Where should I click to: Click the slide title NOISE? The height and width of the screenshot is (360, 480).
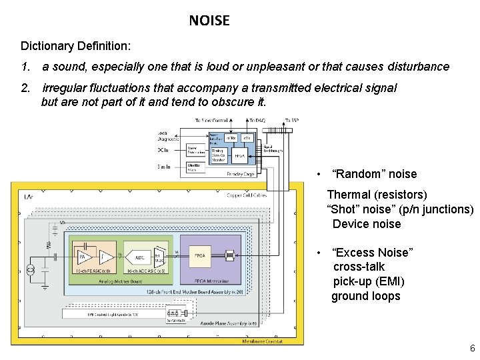tap(209, 21)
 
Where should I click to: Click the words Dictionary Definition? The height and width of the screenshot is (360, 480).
tap(75, 46)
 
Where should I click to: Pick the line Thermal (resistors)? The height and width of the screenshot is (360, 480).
tap(377, 195)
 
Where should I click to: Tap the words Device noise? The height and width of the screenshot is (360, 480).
tap(367, 224)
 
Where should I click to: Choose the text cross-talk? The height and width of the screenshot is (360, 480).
tap(359, 267)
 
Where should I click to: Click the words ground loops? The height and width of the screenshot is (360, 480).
tap(366, 296)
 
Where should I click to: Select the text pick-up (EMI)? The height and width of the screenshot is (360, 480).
tap(369, 281)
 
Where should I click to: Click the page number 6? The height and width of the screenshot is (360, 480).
tap(472, 349)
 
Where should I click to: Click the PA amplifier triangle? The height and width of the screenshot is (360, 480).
tap(84, 256)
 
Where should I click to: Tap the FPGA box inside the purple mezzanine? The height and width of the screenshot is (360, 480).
tap(199, 256)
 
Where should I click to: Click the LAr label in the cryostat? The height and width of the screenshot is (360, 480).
tap(29, 197)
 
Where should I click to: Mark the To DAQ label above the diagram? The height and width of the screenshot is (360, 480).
tap(256, 121)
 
